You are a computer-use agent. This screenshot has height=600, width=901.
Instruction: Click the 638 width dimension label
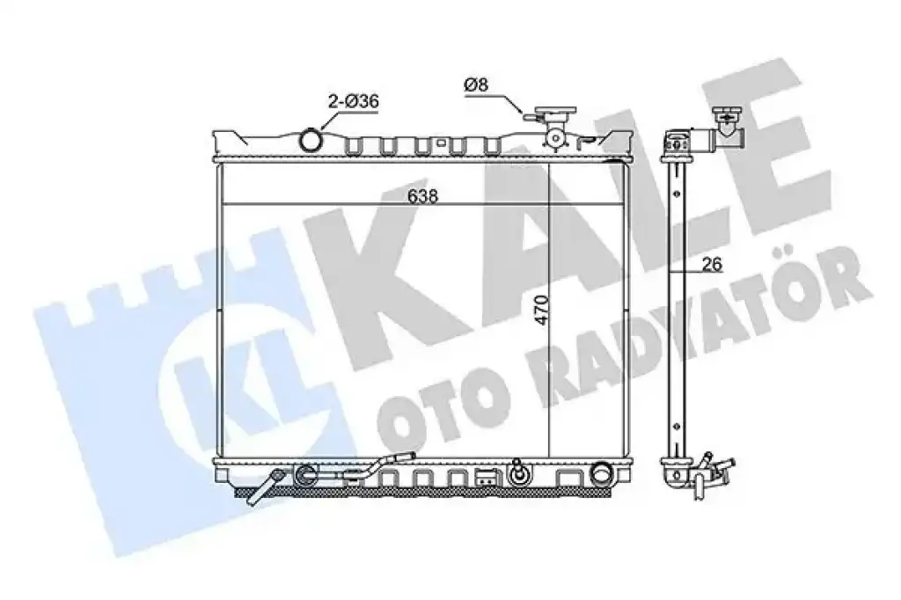[422, 196]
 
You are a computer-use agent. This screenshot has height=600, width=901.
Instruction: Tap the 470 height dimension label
[542, 311]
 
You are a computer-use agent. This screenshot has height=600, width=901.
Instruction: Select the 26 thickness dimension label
[711, 264]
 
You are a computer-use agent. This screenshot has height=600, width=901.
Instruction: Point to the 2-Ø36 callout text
[354, 102]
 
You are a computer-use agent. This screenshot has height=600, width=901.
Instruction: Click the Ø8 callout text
[476, 85]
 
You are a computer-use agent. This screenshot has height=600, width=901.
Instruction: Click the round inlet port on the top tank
[311, 140]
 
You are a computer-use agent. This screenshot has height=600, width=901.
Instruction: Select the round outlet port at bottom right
[602, 473]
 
